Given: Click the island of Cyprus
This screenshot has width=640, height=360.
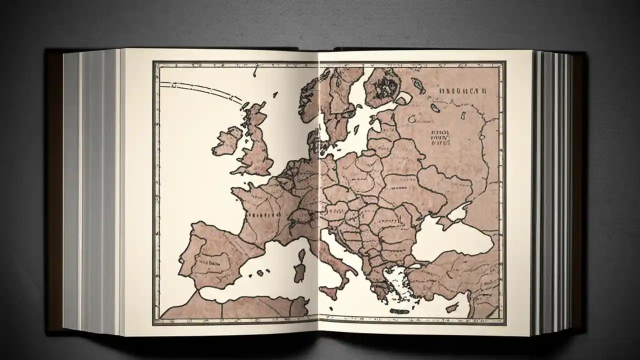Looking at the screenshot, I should tap(453, 307).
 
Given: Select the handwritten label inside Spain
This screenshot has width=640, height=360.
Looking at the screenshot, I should tap(210, 261).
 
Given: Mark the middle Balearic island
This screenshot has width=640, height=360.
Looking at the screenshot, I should tap(260, 272).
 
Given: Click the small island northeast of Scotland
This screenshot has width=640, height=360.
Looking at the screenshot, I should tap(275, 94).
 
